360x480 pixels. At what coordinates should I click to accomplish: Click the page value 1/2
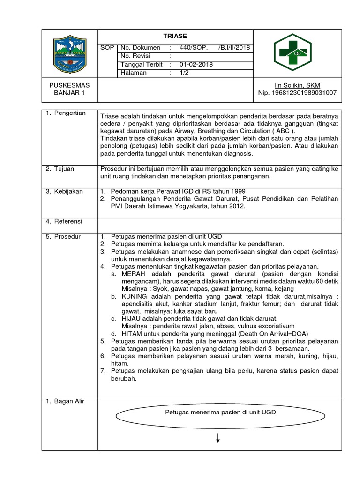click(182, 73)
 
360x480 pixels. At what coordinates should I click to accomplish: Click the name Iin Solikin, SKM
click(297, 85)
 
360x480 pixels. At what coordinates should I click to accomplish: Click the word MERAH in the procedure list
click(133, 273)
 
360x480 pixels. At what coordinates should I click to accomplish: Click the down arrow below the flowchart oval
click(218, 438)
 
